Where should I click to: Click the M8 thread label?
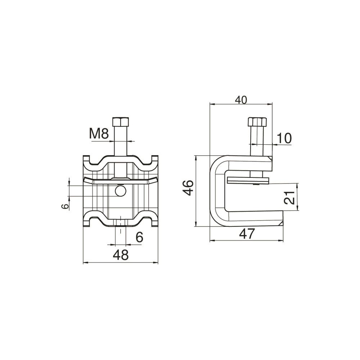click(99, 134)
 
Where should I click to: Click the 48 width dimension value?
click(121, 255)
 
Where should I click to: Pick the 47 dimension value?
click(247, 234)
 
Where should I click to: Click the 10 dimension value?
click(284, 138)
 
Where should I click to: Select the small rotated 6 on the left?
click(65, 206)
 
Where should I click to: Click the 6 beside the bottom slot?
click(139, 237)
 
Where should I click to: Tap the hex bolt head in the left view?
click(121, 121)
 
